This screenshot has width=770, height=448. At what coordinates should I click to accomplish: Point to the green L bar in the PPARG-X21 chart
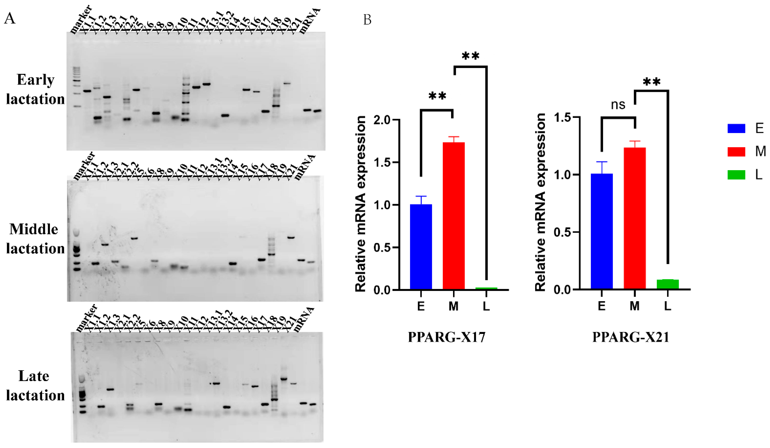[x=668, y=284]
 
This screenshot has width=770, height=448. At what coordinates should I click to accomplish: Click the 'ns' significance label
[x=618, y=105]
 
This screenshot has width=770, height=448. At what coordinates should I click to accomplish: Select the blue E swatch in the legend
[x=736, y=128]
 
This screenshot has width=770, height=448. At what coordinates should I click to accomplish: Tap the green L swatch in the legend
[x=736, y=175]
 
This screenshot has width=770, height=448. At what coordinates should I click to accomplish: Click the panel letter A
[x=10, y=19]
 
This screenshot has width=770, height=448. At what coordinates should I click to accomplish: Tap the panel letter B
[x=367, y=20]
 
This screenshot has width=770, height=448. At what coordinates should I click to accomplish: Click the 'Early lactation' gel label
[x=35, y=90]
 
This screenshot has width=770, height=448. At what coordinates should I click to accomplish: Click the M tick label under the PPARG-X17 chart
[x=453, y=306]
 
